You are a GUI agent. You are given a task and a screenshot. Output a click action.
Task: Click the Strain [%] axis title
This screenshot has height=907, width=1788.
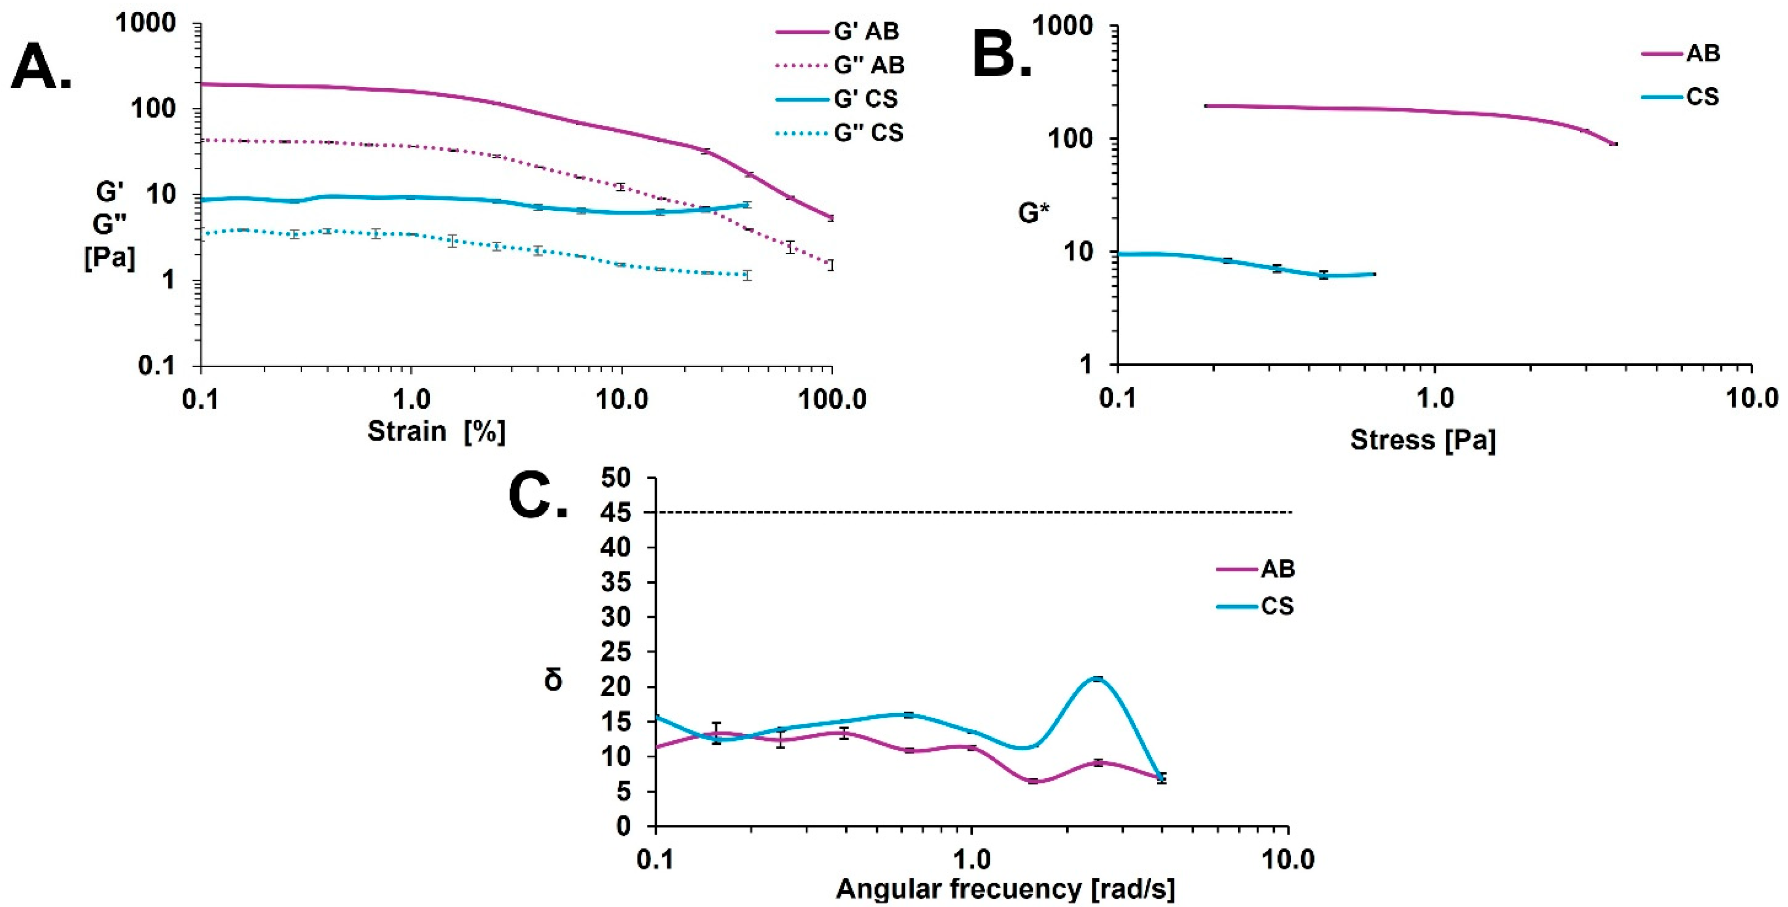click(436, 431)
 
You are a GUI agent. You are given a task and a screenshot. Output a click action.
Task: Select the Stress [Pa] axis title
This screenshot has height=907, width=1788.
click(1423, 440)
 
